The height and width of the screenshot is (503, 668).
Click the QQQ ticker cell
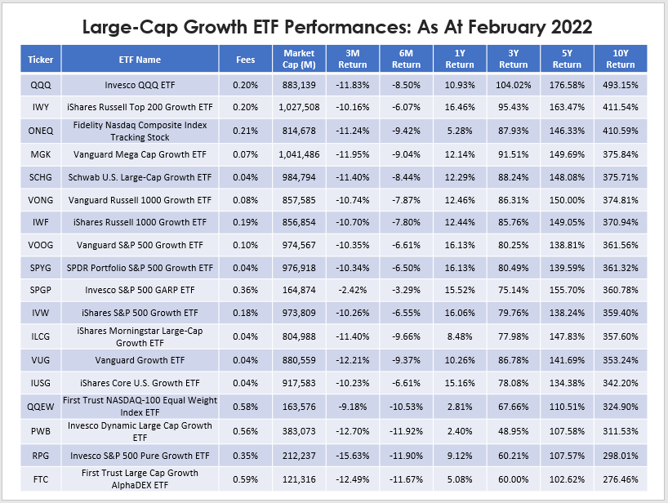(x=40, y=85)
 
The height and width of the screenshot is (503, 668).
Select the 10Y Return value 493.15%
(x=621, y=85)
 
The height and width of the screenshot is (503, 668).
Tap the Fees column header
(x=245, y=60)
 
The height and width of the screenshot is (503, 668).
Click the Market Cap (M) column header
(x=299, y=59)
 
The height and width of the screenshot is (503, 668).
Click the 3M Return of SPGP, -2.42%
(x=353, y=290)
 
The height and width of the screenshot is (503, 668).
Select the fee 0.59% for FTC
(x=245, y=478)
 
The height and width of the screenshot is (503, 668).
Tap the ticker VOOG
(x=40, y=244)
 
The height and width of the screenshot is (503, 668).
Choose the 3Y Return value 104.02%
(x=513, y=85)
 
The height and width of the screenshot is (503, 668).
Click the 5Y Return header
(x=567, y=59)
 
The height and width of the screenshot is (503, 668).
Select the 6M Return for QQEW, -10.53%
(x=406, y=404)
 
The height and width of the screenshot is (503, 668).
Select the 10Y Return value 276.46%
(x=621, y=478)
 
